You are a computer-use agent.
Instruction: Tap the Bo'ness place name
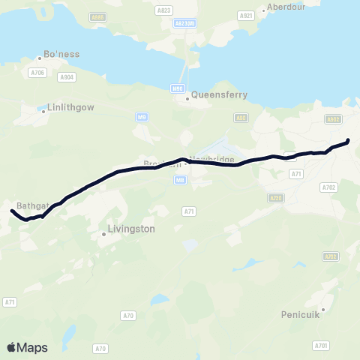click(62, 54)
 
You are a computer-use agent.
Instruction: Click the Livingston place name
click(131, 228)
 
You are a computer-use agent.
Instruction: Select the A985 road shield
click(97, 16)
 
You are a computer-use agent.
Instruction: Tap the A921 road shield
click(244, 15)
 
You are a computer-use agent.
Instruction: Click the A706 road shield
click(37, 72)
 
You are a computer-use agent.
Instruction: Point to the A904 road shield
click(67, 76)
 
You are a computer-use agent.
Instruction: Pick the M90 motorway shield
click(178, 88)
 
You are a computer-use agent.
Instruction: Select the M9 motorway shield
click(142, 117)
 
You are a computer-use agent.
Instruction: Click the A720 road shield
click(276, 197)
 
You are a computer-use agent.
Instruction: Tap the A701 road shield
click(322, 345)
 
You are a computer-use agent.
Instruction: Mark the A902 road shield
click(333, 118)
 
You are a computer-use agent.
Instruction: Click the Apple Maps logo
click(27, 347)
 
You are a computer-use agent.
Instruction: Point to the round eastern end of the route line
click(347, 140)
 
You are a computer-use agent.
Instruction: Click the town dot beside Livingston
click(103, 234)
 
